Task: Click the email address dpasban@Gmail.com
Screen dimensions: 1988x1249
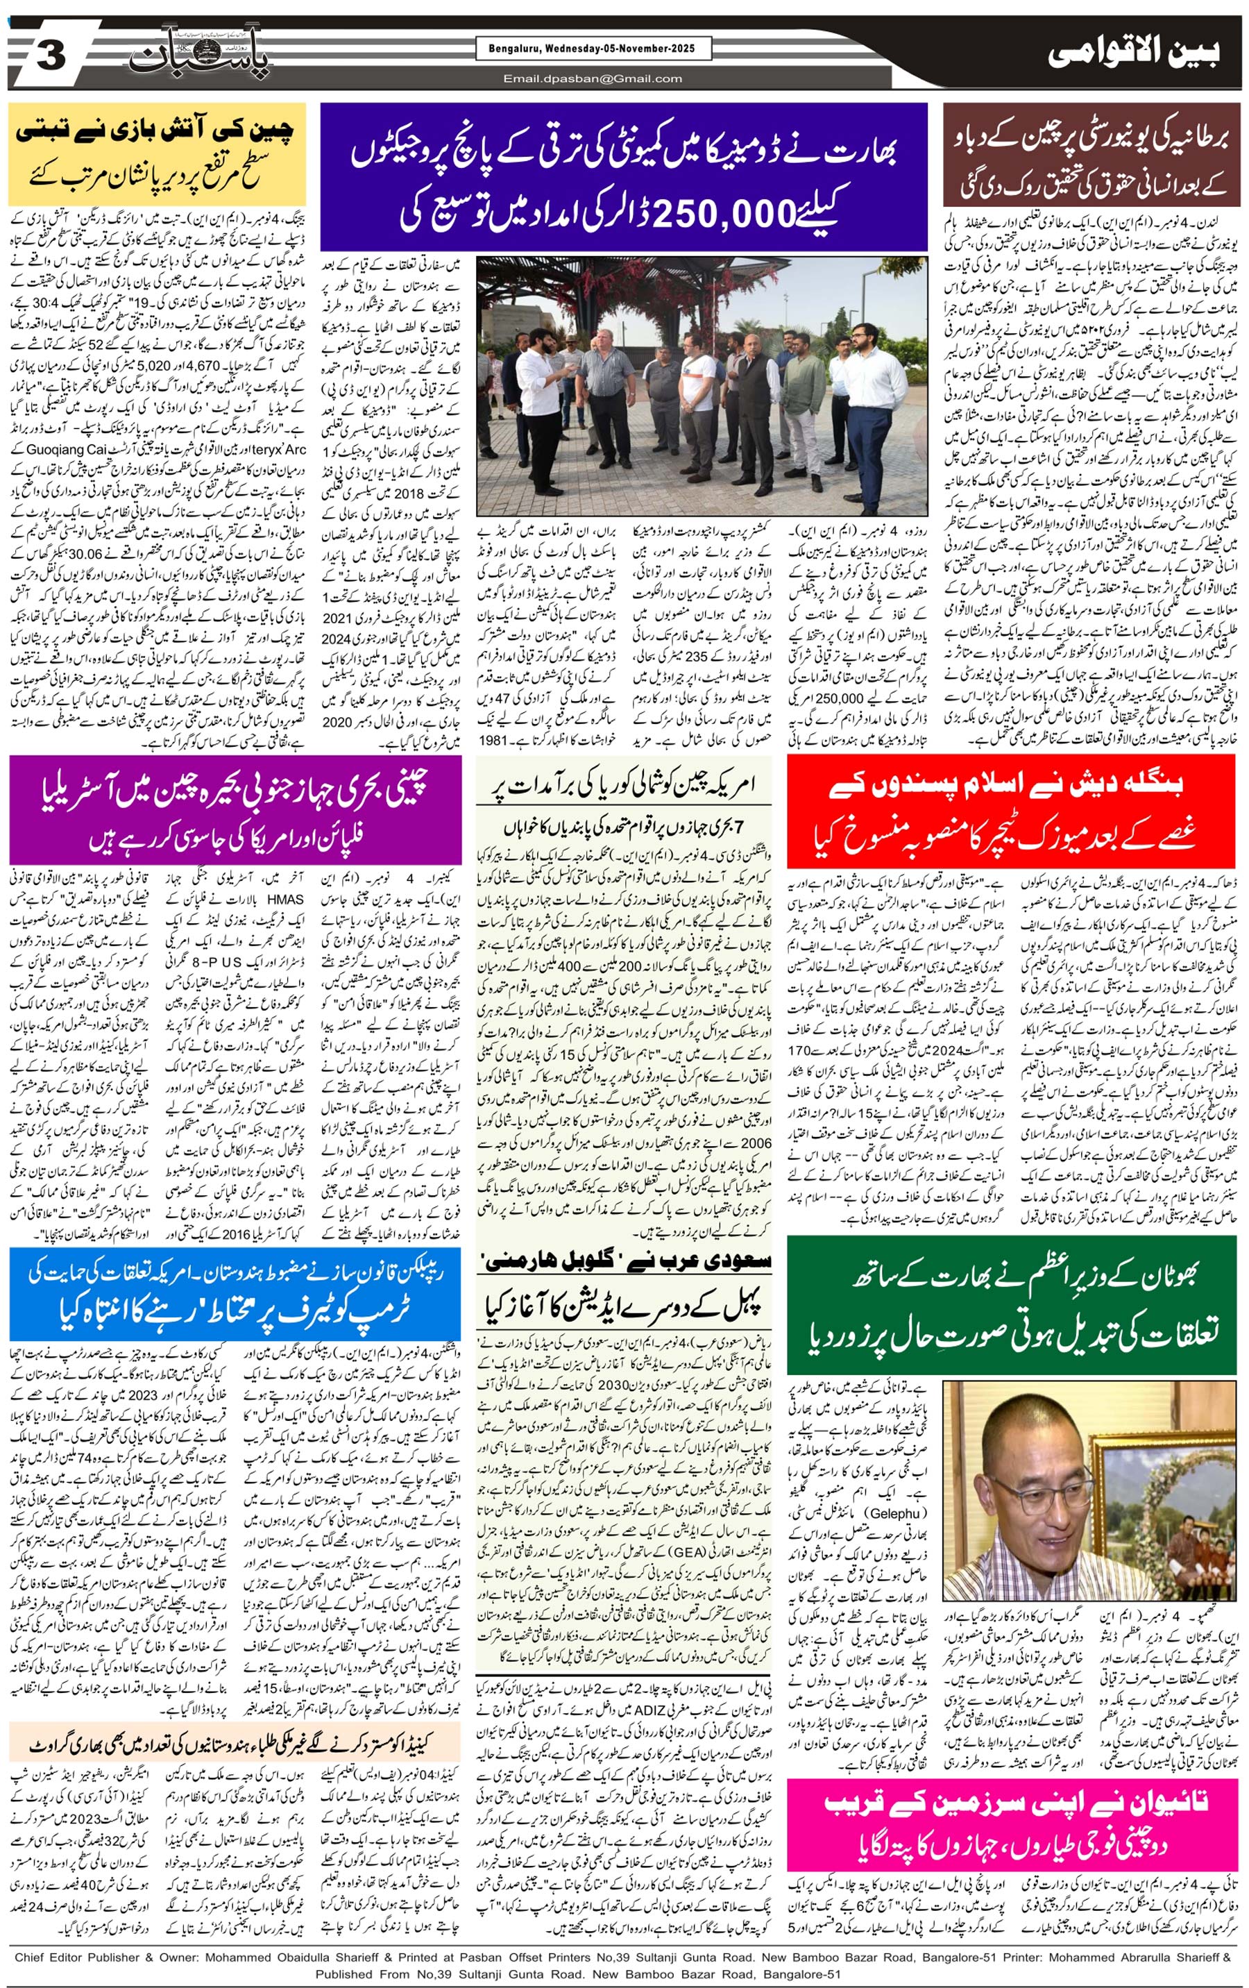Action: pos(593,78)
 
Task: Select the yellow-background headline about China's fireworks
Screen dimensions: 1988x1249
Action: pos(156,153)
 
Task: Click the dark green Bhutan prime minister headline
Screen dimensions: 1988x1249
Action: pos(1010,1306)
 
